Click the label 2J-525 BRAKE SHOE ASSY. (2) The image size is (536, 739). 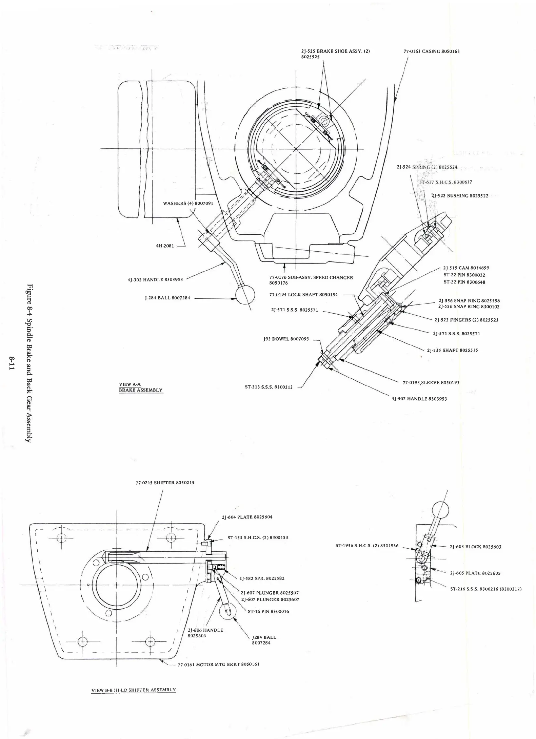[335, 51]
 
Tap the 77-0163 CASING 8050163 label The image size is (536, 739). [431, 51]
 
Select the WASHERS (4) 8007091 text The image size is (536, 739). [188, 203]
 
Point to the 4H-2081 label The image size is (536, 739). [165, 246]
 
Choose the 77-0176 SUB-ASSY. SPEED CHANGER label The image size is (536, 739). [311, 278]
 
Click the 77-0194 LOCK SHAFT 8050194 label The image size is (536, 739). [303, 295]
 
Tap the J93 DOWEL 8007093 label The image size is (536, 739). [286, 339]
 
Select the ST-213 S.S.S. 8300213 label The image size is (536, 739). [269, 387]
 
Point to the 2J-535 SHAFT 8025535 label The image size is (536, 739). [452, 350]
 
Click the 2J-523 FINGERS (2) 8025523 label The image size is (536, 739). [466, 320]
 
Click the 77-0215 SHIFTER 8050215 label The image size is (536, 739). [165, 483]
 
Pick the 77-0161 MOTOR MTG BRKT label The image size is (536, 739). [218, 664]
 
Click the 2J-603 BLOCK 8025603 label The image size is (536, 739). [475, 547]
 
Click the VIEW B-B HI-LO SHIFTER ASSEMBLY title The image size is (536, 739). [134, 690]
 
